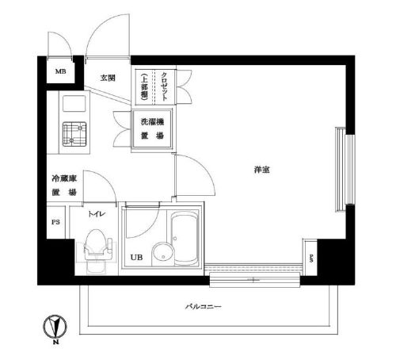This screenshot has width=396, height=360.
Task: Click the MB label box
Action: pyautogui.click(x=59, y=74)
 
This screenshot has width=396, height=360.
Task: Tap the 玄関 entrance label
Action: pyautogui.click(x=109, y=78)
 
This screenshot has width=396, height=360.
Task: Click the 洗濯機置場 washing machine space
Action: pyautogui.click(x=152, y=129)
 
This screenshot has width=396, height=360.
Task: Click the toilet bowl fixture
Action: pyautogui.click(x=95, y=244)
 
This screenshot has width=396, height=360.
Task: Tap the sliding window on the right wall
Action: pyautogui.click(x=343, y=170)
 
